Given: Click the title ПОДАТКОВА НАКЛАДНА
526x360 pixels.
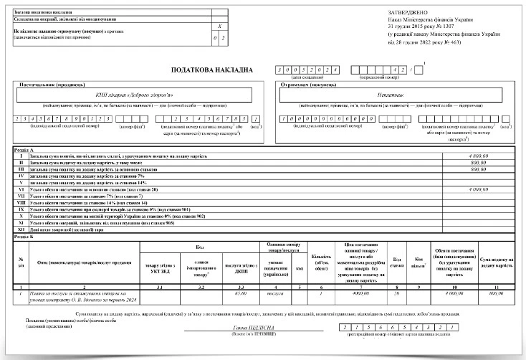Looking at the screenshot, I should click(211, 70).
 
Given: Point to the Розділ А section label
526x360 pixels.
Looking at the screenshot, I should click(24, 149).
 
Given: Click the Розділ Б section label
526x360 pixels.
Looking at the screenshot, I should click(24, 235).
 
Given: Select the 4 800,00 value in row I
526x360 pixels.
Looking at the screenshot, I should click(477, 156).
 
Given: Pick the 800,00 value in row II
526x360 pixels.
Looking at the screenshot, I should click(478, 162).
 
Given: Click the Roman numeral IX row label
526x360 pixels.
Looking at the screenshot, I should click(21, 209).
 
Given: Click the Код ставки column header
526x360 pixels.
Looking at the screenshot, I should click(396, 260).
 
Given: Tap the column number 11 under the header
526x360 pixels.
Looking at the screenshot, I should click(496, 287).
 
